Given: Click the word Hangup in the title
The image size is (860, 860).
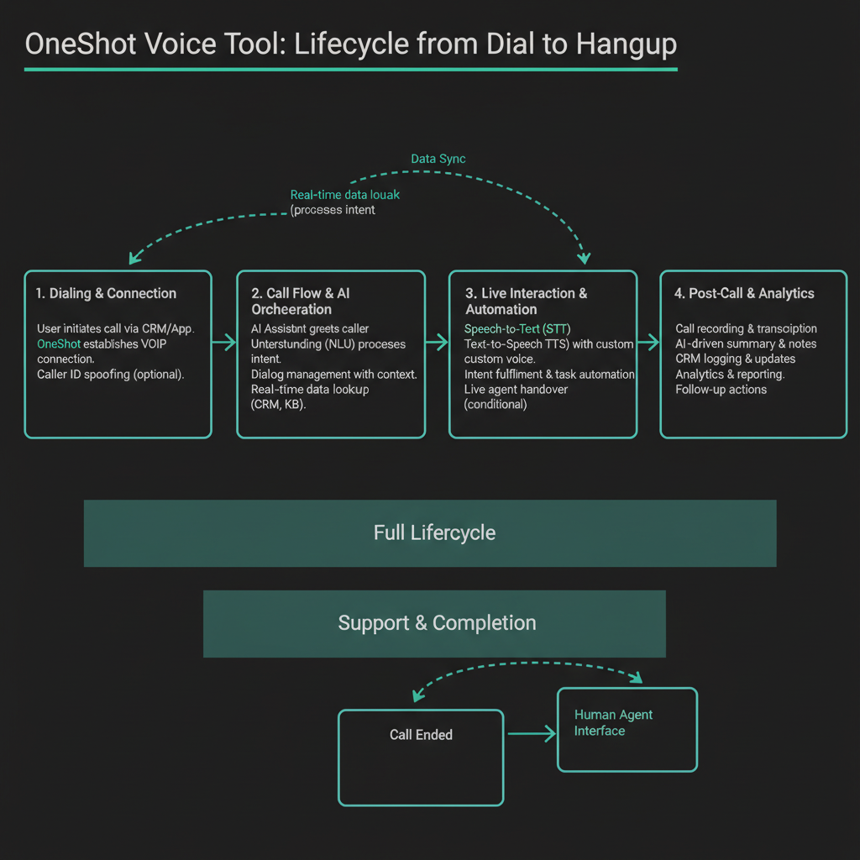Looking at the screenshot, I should pos(627,44).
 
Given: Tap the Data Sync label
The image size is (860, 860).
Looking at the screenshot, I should pos(438,159).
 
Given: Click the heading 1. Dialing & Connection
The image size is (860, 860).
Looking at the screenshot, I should pos(107,293).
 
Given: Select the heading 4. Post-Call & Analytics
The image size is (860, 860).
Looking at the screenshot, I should pos(744,293).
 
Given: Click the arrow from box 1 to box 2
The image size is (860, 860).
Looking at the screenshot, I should pos(224,341).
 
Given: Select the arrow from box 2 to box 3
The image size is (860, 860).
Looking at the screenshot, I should pos(437,341).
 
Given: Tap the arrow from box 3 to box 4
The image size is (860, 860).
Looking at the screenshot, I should pos(648,341).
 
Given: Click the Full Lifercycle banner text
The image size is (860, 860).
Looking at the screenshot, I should pos(434,533).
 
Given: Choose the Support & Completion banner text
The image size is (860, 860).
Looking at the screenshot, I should pos(437,623).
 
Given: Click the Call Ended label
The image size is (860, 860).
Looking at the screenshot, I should pos(421,735).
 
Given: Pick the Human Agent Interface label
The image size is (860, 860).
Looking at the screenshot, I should pos(613,723).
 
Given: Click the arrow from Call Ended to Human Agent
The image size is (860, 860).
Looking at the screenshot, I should pos(531,734).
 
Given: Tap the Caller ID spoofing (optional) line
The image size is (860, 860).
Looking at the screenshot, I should pos(110,375).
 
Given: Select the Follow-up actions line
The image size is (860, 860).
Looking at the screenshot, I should pos(721,390).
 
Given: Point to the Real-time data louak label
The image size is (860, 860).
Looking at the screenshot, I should pos(345,195).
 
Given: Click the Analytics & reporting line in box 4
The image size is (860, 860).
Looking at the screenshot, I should pos(730,375).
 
